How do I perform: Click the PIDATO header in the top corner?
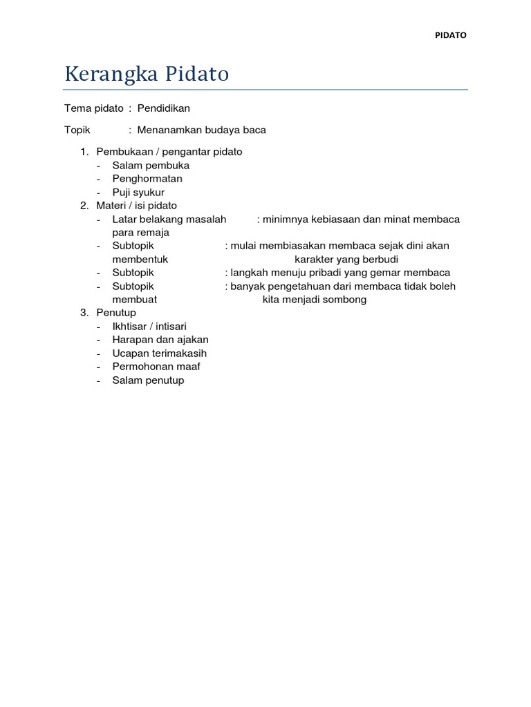(x=450, y=36)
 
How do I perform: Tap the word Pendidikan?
(x=163, y=108)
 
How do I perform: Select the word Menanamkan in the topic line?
(x=166, y=130)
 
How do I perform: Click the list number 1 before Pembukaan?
(x=84, y=152)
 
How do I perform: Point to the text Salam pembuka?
(x=151, y=166)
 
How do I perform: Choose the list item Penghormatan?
(x=147, y=179)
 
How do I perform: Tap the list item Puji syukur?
(x=138, y=193)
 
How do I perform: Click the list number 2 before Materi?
(x=84, y=206)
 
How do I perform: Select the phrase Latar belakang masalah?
(x=169, y=220)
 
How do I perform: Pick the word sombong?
(x=344, y=300)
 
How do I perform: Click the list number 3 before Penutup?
(x=84, y=313)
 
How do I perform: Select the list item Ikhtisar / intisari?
(x=149, y=327)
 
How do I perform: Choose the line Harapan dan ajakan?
(x=160, y=340)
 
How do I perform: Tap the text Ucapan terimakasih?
(x=160, y=353)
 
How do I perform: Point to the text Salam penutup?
(x=148, y=380)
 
